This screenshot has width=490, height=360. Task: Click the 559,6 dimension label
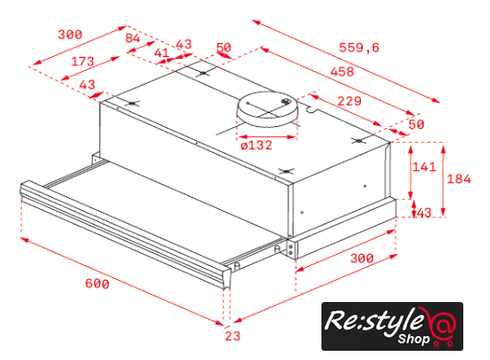[359, 48]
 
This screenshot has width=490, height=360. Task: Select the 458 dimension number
[343, 72]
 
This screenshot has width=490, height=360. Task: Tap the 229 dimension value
[349, 101]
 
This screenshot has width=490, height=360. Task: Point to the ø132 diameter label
[257, 145]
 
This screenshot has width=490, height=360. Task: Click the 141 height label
[424, 167]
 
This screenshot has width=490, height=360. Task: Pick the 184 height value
[459, 179]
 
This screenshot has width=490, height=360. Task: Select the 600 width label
[98, 284]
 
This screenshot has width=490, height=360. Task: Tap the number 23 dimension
[233, 336]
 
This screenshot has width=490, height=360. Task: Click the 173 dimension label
[83, 62]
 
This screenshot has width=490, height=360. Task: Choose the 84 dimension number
[133, 38]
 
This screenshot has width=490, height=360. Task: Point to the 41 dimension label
[162, 52]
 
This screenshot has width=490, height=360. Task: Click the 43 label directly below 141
[424, 213]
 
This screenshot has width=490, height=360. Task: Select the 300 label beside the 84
[70, 34]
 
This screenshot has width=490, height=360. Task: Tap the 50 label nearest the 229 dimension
[416, 124]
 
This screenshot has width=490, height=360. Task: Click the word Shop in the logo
[414, 339]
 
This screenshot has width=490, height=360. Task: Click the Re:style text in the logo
[372, 320]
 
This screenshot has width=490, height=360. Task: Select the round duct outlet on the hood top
[267, 109]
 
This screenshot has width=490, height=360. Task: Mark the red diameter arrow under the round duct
[266, 137]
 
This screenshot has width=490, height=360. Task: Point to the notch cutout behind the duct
[311, 109]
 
